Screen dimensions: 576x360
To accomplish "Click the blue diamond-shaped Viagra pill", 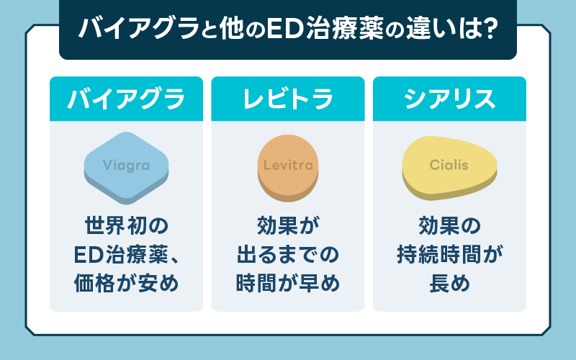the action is pyautogui.click(x=127, y=168).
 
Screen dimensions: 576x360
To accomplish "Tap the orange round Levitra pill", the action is pyautogui.click(x=288, y=168).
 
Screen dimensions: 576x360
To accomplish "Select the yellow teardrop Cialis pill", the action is pyautogui.click(x=449, y=168).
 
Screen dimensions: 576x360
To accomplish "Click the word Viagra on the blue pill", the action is pyautogui.click(x=127, y=166).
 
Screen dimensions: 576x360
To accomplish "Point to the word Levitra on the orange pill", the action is pyautogui.click(x=289, y=165).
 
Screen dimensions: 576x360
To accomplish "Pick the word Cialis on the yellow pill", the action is pyautogui.click(x=449, y=165).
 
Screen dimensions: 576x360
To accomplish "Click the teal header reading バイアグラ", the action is pyautogui.click(x=127, y=99).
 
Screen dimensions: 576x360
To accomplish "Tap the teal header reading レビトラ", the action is pyautogui.click(x=288, y=99).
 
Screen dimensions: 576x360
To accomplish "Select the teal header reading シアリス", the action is pyautogui.click(x=449, y=99).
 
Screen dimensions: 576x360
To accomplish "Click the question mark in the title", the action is pyautogui.click(x=489, y=28).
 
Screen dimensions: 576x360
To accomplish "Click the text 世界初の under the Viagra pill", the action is pyautogui.click(x=127, y=225).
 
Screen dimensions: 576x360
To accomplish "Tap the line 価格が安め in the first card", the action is pyautogui.click(x=127, y=283).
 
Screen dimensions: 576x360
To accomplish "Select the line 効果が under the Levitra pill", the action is pyautogui.click(x=288, y=225).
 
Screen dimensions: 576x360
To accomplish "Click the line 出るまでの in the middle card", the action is pyautogui.click(x=288, y=254).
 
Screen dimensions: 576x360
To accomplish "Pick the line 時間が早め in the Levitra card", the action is pyautogui.click(x=288, y=283).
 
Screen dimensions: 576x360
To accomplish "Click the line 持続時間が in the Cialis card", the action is pyautogui.click(x=449, y=254).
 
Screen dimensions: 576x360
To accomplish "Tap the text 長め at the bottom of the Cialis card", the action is pyautogui.click(x=449, y=283).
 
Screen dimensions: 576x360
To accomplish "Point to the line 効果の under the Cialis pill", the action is pyautogui.click(x=449, y=225).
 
